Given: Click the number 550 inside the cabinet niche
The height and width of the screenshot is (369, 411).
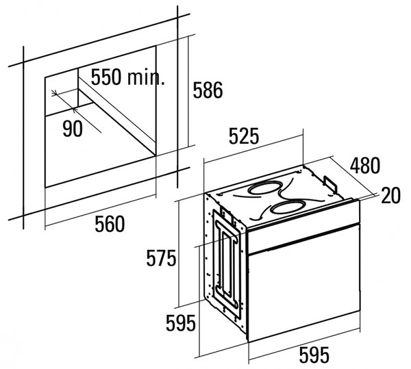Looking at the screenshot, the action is click(106, 77).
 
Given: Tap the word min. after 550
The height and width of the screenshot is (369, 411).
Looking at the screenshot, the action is click(146, 77).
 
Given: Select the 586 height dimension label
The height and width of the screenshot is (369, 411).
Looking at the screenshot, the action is click(208, 90).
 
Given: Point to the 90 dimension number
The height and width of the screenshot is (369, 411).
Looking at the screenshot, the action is click(73, 129).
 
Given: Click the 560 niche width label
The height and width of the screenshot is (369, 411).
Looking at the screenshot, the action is click(110, 224).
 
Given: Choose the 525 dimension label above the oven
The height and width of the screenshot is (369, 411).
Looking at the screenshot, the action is click(244, 136).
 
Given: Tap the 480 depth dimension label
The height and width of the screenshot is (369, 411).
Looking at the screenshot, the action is click(365, 165).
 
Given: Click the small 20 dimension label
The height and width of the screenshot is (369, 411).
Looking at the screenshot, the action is click(391, 195).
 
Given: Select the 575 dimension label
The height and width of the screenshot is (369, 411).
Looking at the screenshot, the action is click(161, 258).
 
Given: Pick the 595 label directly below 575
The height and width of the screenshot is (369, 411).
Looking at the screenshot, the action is click(181, 323).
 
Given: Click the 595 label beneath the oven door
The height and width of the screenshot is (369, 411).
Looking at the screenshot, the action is click(314, 355).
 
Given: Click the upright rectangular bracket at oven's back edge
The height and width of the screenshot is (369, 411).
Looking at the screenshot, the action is click(330, 185).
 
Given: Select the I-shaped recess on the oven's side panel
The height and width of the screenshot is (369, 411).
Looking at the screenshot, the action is click(227, 264).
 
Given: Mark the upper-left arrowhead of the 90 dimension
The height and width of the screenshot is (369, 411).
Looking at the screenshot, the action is click(54, 92).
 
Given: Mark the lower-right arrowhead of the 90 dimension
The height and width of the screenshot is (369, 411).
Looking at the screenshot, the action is click(75, 110).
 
